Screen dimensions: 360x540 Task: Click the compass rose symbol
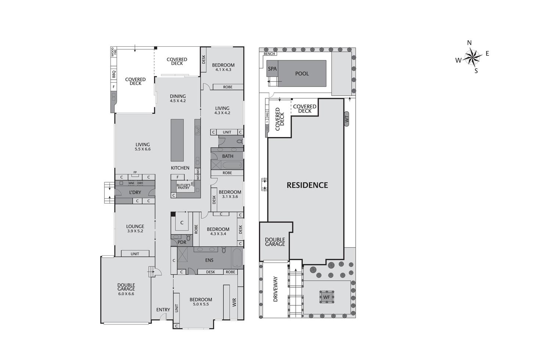click(472, 57)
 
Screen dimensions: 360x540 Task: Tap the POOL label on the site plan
click(302, 73)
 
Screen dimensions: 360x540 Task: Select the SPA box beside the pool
click(272, 69)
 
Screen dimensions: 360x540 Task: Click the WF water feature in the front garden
click(326, 297)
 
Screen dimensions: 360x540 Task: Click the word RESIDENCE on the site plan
click(307, 185)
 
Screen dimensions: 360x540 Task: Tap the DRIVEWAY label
click(276, 289)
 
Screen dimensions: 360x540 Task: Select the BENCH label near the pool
click(270, 54)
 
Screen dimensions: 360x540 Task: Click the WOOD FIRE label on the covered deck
click(114, 51)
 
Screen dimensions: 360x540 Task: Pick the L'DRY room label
click(135, 192)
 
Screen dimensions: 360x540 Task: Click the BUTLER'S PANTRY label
click(183, 186)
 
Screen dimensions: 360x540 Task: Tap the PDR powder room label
click(182, 242)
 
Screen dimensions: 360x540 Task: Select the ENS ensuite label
click(209, 260)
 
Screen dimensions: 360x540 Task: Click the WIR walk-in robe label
click(234, 302)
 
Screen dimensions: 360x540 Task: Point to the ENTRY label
click(163, 310)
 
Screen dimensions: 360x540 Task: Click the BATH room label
click(227, 156)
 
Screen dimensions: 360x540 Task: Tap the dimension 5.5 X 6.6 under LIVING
click(143, 149)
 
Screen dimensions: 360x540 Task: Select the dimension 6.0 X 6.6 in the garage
click(126, 294)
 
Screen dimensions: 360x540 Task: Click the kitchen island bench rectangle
click(177, 140)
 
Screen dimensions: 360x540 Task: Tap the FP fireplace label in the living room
click(135, 172)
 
